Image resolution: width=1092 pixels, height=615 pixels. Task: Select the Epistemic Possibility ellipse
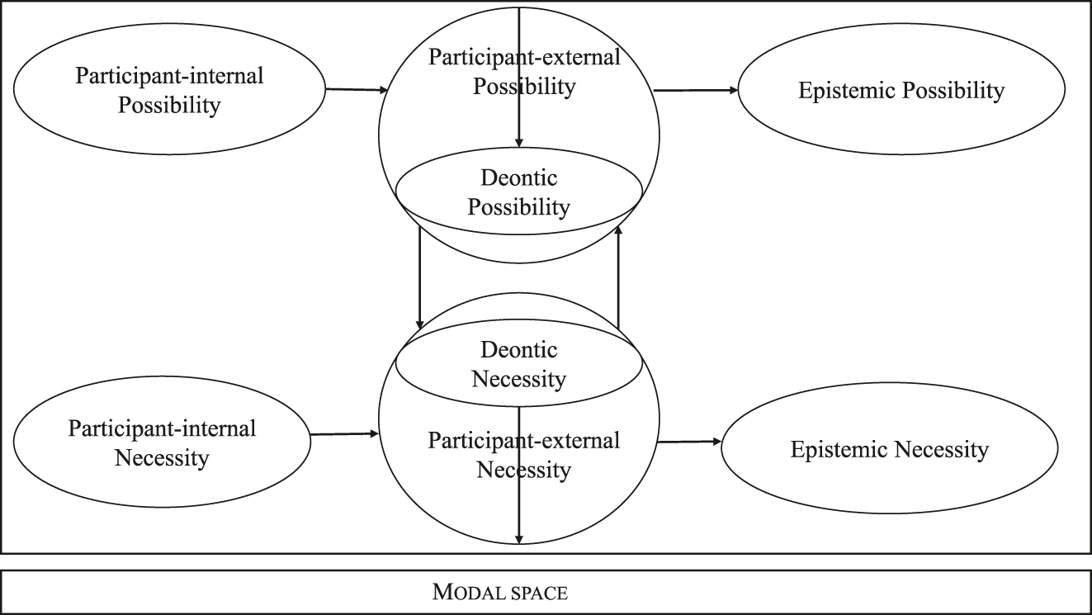[901, 91]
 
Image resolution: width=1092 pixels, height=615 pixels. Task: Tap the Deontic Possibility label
[518, 192]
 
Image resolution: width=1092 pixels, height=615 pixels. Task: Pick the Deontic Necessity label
[518, 364]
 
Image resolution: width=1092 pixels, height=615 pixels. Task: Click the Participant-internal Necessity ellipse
[162, 442]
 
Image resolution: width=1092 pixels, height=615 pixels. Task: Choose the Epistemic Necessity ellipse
[889, 450]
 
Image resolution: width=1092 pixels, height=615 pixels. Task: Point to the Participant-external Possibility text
[523, 71]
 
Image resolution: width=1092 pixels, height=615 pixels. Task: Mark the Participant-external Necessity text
[523, 455]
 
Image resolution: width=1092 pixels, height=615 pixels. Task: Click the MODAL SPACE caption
[500, 592]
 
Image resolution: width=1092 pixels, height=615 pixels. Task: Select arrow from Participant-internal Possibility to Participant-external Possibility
[357, 89]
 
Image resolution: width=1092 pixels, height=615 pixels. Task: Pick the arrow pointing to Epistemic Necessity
[688, 442]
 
